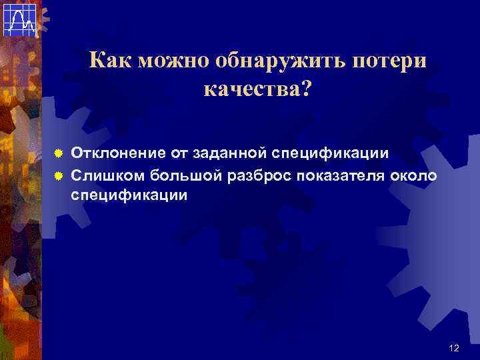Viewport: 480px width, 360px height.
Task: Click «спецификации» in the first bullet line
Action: [331, 154]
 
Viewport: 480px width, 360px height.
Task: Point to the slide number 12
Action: [454, 348]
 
